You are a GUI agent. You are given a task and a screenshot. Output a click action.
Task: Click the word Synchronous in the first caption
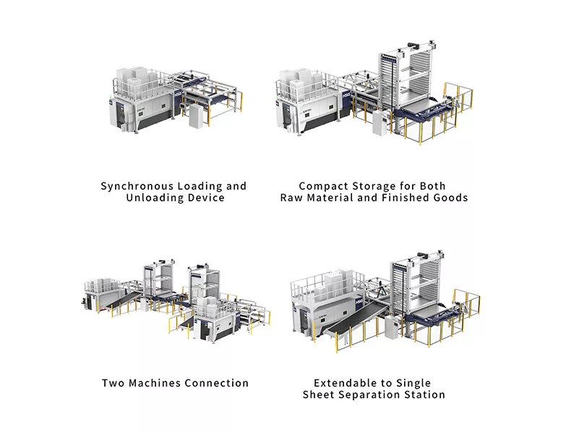137,186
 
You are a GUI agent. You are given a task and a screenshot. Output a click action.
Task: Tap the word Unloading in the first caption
155,198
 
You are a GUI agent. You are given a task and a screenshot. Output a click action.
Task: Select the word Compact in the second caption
323,186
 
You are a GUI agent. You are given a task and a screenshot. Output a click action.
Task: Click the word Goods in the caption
451,198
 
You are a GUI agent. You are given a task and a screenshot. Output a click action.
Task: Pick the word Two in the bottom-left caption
113,383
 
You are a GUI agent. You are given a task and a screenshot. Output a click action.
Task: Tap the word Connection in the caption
216,383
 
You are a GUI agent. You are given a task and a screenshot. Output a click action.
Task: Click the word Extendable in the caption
343,383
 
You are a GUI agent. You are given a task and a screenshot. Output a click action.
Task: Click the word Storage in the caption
373,186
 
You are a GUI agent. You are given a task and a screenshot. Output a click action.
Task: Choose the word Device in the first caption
206,198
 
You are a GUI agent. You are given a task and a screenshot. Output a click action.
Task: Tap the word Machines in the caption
155,383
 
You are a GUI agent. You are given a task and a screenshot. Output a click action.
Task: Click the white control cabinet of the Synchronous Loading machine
196,116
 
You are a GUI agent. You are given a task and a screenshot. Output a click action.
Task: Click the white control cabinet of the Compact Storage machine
379,122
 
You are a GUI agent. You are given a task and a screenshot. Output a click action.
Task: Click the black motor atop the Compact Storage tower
415,46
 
